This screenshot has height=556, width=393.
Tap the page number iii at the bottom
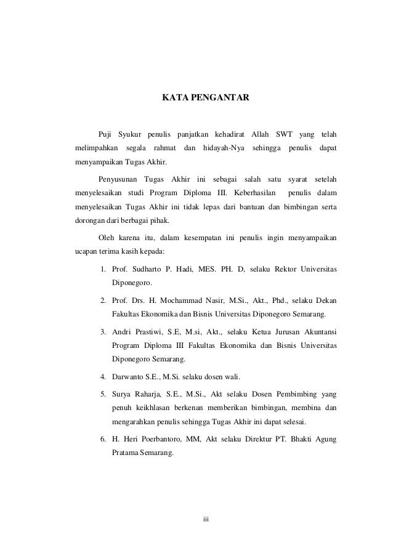(x=206, y=520)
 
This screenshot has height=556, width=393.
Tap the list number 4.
(x=103, y=376)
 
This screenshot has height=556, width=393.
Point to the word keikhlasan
(x=155, y=408)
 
